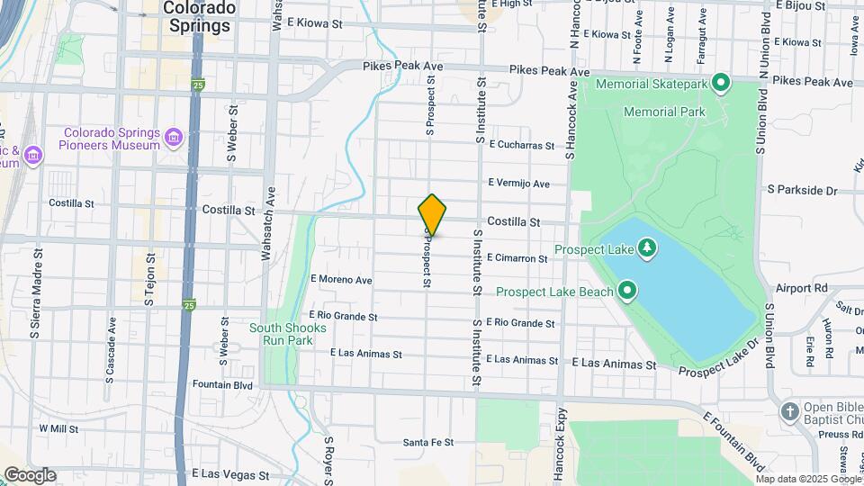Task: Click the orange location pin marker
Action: (x=432, y=215)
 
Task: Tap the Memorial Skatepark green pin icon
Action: (x=720, y=84)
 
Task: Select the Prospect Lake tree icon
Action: (x=646, y=247)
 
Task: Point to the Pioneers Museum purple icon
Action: (x=174, y=138)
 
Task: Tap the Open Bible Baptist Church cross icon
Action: (x=790, y=411)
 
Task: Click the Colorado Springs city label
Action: (x=200, y=16)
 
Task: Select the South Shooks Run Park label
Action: (x=281, y=335)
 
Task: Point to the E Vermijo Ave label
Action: (x=518, y=184)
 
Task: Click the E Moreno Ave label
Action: (x=341, y=280)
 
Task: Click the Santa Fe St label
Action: (x=427, y=442)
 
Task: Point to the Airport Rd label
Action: (x=801, y=289)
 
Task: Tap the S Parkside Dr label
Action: (x=802, y=190)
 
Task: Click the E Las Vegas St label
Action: (x=230, y=473)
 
